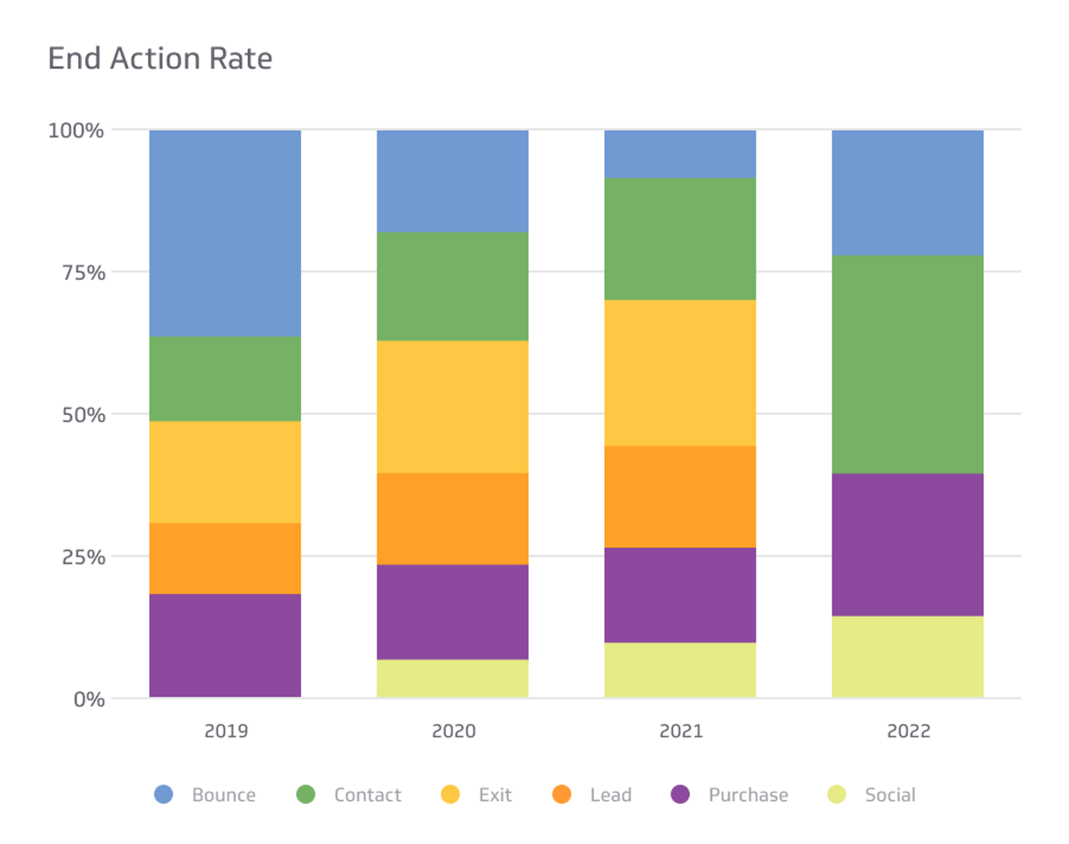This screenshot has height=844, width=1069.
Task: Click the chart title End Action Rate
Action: (160, 59)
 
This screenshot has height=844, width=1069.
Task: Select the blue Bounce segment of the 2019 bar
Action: (225, 233)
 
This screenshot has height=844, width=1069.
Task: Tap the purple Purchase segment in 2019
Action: (225, 646)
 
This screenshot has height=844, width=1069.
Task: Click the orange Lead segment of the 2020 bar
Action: (452, 519)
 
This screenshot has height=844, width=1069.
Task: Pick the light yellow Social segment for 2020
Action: (452, 678)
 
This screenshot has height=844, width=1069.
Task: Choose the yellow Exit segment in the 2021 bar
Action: (680, 373)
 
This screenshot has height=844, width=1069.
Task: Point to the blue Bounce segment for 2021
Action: (680, 154)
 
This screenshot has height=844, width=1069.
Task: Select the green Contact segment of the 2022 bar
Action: (907, 364)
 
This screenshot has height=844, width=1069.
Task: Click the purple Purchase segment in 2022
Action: (907, 545)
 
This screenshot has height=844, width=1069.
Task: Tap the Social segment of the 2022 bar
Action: (907, 656)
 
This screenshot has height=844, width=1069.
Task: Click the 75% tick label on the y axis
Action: (84, 273)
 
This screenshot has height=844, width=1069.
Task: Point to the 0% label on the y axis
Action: (89, 699)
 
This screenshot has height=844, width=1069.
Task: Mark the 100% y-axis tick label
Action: (76, 131)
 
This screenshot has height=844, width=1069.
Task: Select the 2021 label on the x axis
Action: (681, 731)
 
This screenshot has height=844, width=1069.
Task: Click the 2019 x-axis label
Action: (226, 731)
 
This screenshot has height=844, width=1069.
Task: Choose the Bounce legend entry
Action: (223, 795)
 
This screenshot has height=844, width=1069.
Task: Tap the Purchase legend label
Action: (748, 795)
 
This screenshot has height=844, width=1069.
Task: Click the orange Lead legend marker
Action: (562, 795)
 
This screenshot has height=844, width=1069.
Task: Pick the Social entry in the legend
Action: (889, 795)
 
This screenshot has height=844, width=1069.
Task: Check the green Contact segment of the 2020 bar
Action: (452, 286)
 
